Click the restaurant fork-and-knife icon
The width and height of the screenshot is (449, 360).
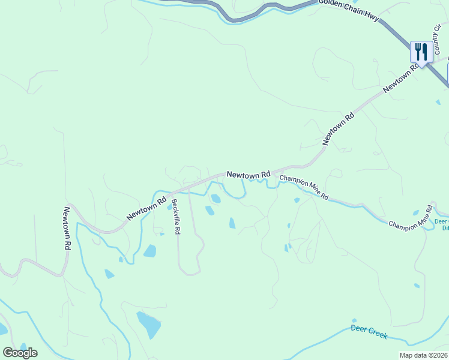click(421, 51)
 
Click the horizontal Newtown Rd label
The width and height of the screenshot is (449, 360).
click(249, 175)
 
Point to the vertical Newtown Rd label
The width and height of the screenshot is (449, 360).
click(67, 229)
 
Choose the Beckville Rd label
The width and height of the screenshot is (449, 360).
click(175, 217)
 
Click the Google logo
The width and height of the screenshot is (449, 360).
click(20, 352)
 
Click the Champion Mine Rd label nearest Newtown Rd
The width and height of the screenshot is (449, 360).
click(304, 187)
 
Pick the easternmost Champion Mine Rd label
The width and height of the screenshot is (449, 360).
click(411, 217)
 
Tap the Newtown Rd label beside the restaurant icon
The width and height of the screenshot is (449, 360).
click(401, 78)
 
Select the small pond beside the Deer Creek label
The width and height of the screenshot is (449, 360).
click(354, 320)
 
